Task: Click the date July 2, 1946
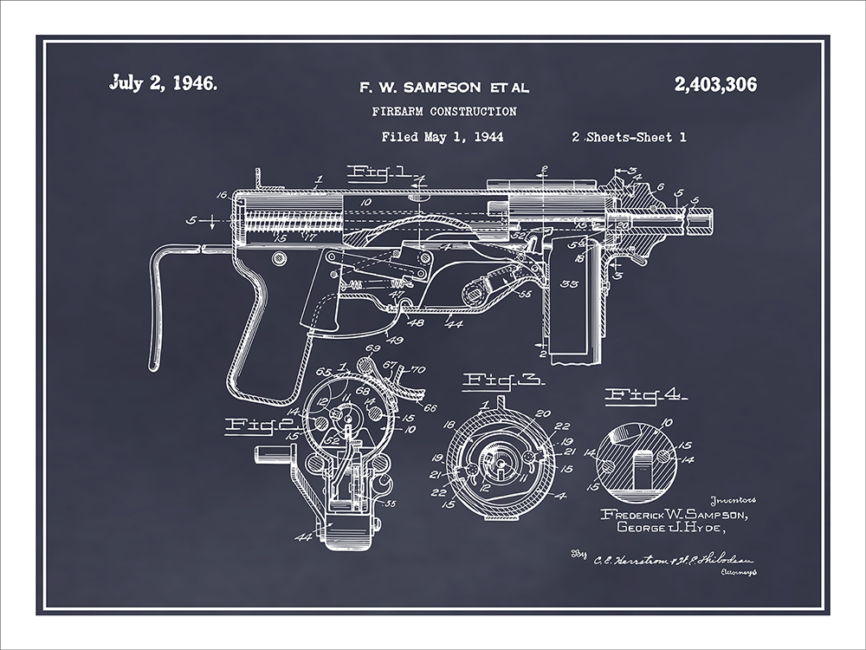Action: (164, 84)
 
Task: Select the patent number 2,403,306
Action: (714, 84)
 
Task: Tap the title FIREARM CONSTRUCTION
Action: (444, 111)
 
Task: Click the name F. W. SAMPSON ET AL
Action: (444, 87)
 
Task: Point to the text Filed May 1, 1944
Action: (443, 136)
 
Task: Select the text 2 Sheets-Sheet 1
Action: (629, 136)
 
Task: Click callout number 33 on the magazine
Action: (569, 283)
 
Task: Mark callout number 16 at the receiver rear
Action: (222, 197)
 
